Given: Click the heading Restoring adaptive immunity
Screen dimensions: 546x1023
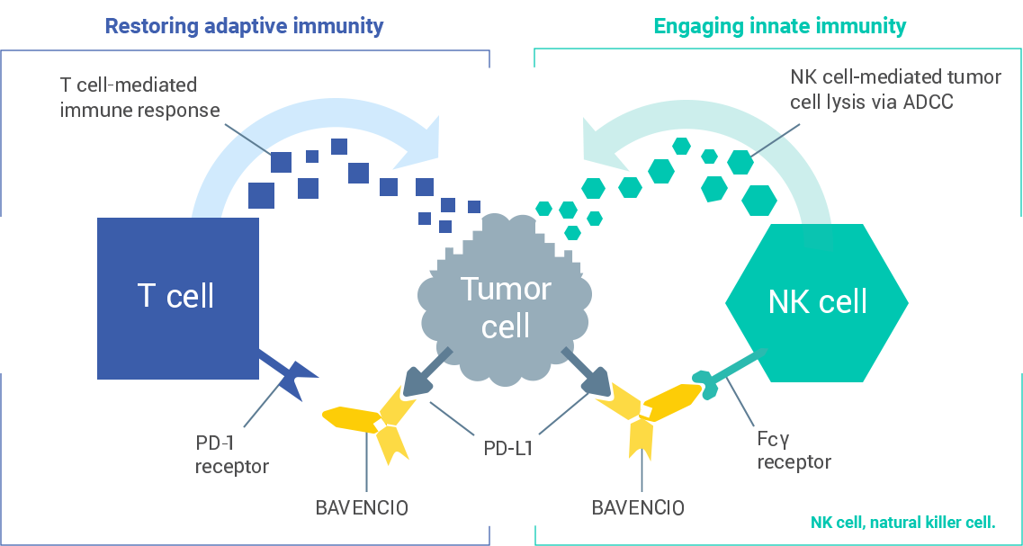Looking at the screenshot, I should [244, 26].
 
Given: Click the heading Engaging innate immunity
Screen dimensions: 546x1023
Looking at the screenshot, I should [779, 26].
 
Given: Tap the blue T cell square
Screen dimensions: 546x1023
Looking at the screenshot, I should [177, 297].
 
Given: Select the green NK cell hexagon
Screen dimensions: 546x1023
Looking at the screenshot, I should [817, 301].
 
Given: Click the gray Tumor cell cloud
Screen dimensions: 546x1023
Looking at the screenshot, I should [505, 306].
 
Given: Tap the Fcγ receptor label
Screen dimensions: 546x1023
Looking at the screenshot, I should [793, 451].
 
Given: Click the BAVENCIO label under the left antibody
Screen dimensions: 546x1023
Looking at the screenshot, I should [362, 506].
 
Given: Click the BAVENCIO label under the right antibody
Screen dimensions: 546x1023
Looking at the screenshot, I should [638, 506].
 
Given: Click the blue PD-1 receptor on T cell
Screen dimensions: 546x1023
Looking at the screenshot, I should [290, 375].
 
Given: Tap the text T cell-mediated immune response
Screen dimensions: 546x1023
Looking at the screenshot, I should [139, 98].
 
